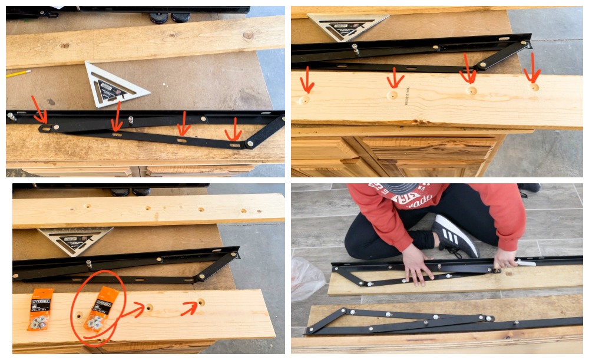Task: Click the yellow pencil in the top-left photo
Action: pos(18,73)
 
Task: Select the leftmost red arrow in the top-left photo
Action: pos(39,111)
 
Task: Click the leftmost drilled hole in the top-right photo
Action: pos(305,100)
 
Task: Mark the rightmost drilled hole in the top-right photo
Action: pos(534,87)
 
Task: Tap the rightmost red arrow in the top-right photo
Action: pos(532,68)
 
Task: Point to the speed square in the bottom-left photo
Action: pos(75,239)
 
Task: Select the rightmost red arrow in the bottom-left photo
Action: pos(190,306)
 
